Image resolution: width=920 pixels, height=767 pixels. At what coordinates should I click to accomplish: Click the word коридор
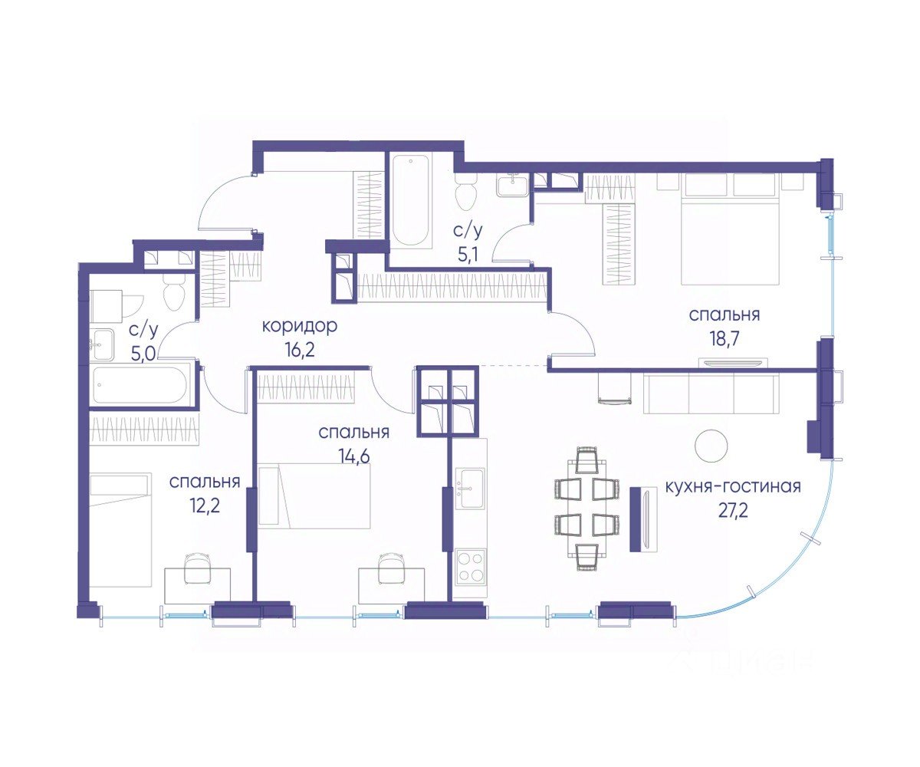[300, 327]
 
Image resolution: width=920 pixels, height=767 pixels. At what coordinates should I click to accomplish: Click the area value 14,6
[353, 456]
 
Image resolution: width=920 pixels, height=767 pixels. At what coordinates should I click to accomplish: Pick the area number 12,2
[204, 506]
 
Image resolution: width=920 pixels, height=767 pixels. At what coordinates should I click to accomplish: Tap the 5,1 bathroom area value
[469, 255]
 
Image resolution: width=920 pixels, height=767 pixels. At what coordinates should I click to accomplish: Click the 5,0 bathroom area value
[143, 353]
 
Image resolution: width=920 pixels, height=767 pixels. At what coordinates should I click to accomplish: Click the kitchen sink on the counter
[470, 489]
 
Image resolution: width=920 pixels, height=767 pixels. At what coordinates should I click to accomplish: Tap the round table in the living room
[711, 446]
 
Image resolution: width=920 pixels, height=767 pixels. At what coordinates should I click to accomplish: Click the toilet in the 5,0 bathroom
[174, 291]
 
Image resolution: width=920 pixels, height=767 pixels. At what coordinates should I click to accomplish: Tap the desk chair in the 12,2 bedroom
[198, 568]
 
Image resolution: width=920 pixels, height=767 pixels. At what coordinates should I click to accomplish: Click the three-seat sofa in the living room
[710, 394]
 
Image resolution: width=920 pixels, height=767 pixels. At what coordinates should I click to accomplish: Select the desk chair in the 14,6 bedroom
[392, 568]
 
